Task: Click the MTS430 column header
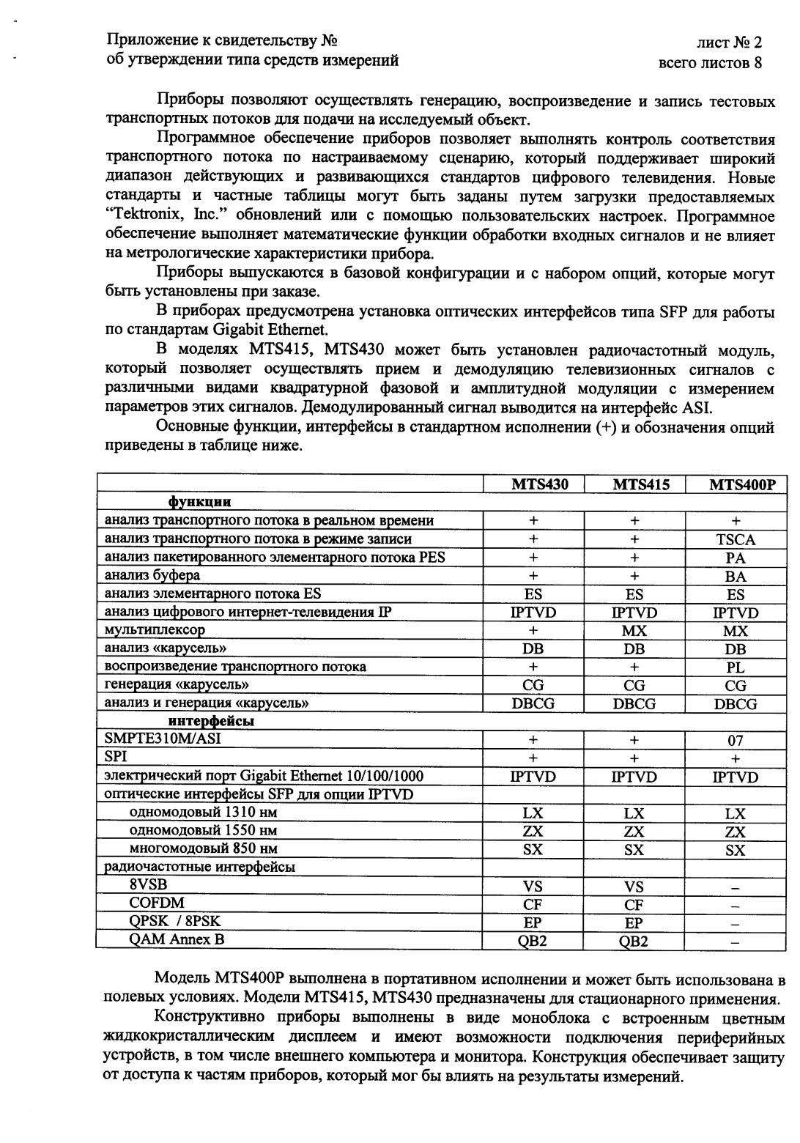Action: click(534, 484)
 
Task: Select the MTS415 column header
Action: click(635, 484)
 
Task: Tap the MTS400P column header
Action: click(736, 484)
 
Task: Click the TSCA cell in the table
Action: click(736, 539)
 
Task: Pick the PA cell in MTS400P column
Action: click(736, 558)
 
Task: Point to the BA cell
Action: click(736, 576)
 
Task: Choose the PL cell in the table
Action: click(736, 667)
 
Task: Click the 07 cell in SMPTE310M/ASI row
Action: click(736, 740)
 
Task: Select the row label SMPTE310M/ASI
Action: click(163, 739)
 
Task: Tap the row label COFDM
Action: click(157, 903)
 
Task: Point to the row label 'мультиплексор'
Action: click(155, 630)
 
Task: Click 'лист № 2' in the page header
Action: click(729, 42)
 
